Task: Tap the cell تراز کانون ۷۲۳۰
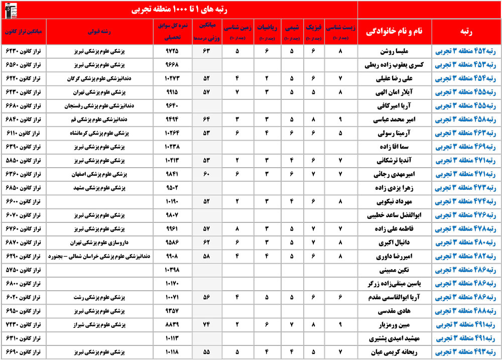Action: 25,324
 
